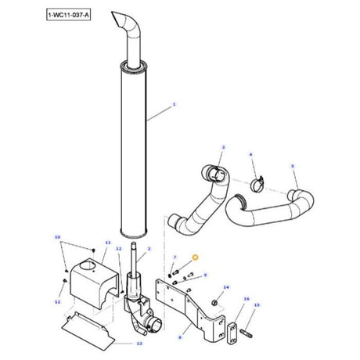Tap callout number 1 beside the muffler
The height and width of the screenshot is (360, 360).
[174, 104]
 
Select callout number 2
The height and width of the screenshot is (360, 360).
[149, 248]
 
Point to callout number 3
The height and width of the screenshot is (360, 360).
[223, 146]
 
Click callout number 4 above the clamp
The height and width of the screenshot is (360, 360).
[251, 154]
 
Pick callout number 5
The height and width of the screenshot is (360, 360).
[292, 166]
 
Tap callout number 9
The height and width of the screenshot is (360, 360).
[204, 275]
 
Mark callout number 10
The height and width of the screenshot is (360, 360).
[56, 236]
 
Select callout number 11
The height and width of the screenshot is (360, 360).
[107, 243]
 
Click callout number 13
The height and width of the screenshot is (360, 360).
[139, 343]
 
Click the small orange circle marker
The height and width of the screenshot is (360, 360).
[196, 256]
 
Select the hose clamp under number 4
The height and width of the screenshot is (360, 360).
[256, 185]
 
